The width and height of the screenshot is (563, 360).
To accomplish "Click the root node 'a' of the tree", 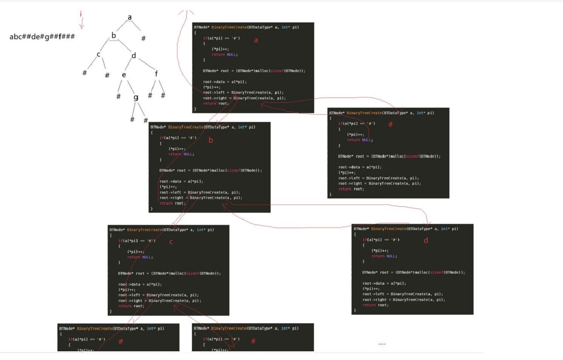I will [130, 17].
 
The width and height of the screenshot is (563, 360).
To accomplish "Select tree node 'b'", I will [114, 35].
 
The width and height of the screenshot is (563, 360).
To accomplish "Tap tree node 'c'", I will [98, 54].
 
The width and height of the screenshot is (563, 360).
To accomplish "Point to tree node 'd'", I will [133, 56].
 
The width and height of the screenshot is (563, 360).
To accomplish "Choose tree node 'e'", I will [124, 75].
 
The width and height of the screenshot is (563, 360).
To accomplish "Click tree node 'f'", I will [156, 74].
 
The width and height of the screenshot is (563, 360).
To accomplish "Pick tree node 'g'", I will [136, 97].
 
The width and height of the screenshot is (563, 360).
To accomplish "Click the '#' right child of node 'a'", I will [143, 38].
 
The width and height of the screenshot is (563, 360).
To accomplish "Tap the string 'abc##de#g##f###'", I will [42, 37].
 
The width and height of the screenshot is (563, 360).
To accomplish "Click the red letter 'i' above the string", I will [81, 15].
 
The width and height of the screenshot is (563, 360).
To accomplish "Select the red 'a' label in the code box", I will [256, 40].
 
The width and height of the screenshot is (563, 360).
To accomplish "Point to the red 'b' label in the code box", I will [211, 140].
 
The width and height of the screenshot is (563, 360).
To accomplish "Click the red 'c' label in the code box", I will [171, 242].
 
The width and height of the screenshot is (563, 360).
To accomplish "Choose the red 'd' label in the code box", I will [426, 240].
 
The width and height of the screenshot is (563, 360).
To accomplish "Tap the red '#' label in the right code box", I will [390, 124].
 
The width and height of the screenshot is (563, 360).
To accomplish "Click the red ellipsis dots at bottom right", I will [382, 344].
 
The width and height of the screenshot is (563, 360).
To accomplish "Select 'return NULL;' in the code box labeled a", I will [224, 54].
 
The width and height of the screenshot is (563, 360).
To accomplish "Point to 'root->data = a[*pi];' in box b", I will [181, 182].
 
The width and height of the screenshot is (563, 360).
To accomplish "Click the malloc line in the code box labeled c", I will [169, 273].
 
